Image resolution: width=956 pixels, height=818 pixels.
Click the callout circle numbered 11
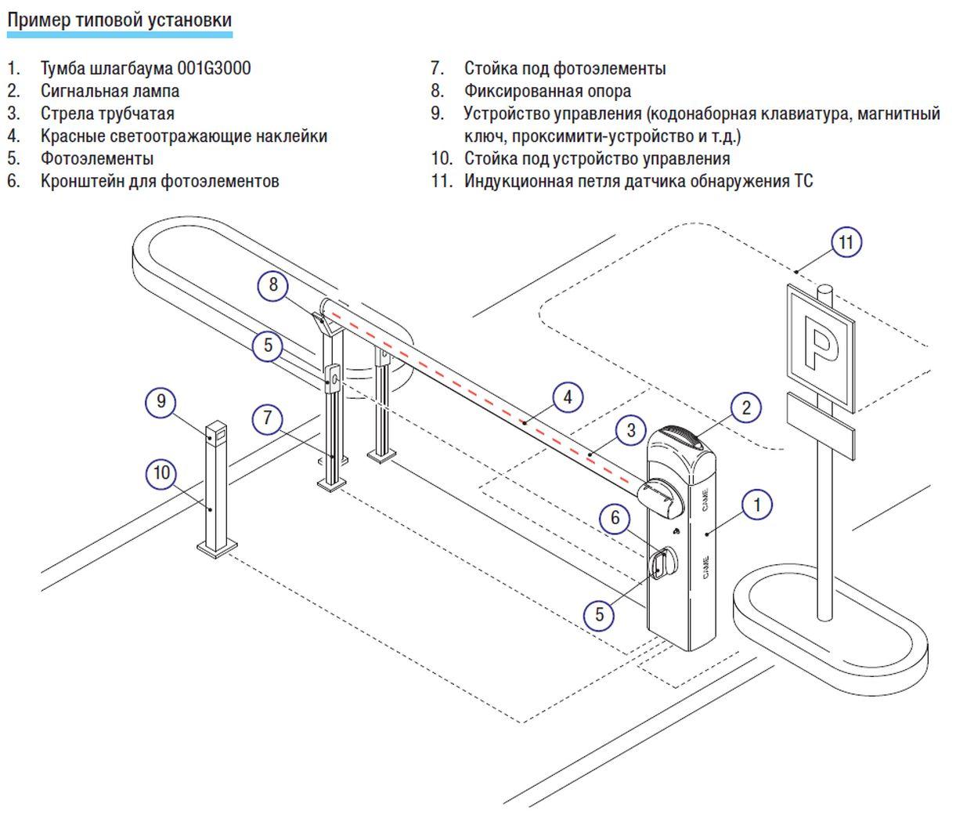coord(846,242)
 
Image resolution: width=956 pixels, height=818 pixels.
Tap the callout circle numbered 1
coord(756,505)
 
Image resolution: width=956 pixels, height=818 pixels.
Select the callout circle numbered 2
coord(746,407)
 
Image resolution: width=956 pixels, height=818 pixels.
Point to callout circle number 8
coord(273,284)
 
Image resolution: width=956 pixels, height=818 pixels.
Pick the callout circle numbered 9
coord(161,402)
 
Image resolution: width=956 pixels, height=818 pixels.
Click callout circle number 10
coord(161,473)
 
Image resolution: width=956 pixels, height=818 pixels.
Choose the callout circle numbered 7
coord(268,418)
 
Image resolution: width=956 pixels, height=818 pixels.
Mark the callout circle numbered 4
coord(568,397)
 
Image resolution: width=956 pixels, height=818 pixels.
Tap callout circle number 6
coord(615,518)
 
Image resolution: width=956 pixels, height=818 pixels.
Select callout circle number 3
coord(631,430)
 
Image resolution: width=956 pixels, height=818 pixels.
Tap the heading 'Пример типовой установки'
coord(120,20)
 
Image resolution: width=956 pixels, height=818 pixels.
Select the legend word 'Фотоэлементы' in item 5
coord(97,159)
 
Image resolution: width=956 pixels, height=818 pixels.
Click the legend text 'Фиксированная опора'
coord(547,91)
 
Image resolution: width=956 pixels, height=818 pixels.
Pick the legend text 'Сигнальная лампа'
coord(110,91)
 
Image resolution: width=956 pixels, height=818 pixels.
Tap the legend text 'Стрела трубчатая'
coord(107,114)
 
